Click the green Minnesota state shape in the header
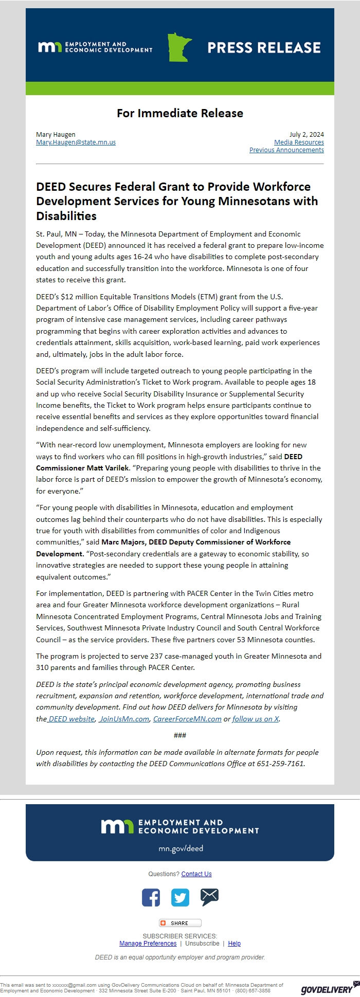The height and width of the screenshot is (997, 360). tap(179, 48)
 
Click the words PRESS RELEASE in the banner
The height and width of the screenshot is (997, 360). tap(264, 48)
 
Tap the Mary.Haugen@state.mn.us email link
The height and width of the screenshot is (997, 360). tap(76, 142)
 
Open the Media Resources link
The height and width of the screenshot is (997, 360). tap(299, 142)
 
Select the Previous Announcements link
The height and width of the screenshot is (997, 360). tap(286, 150)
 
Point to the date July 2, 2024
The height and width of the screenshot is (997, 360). tap(307, 135)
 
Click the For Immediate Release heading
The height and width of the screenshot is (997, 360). tap(180, 113)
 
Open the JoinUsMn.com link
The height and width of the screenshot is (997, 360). tap(124, 719)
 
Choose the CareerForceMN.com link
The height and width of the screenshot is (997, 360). tap(187, 719)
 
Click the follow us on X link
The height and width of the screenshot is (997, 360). tap(256, 719)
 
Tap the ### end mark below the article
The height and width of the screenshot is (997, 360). tap(180, 735)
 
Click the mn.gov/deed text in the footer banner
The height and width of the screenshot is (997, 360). tap(181, 848)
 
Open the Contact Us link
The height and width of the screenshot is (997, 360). tap(196, 874)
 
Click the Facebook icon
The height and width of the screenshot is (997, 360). tap(151, 898)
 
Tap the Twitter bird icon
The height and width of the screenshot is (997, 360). tap(180, 898)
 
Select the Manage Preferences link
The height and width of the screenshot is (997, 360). tap(148, 944)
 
